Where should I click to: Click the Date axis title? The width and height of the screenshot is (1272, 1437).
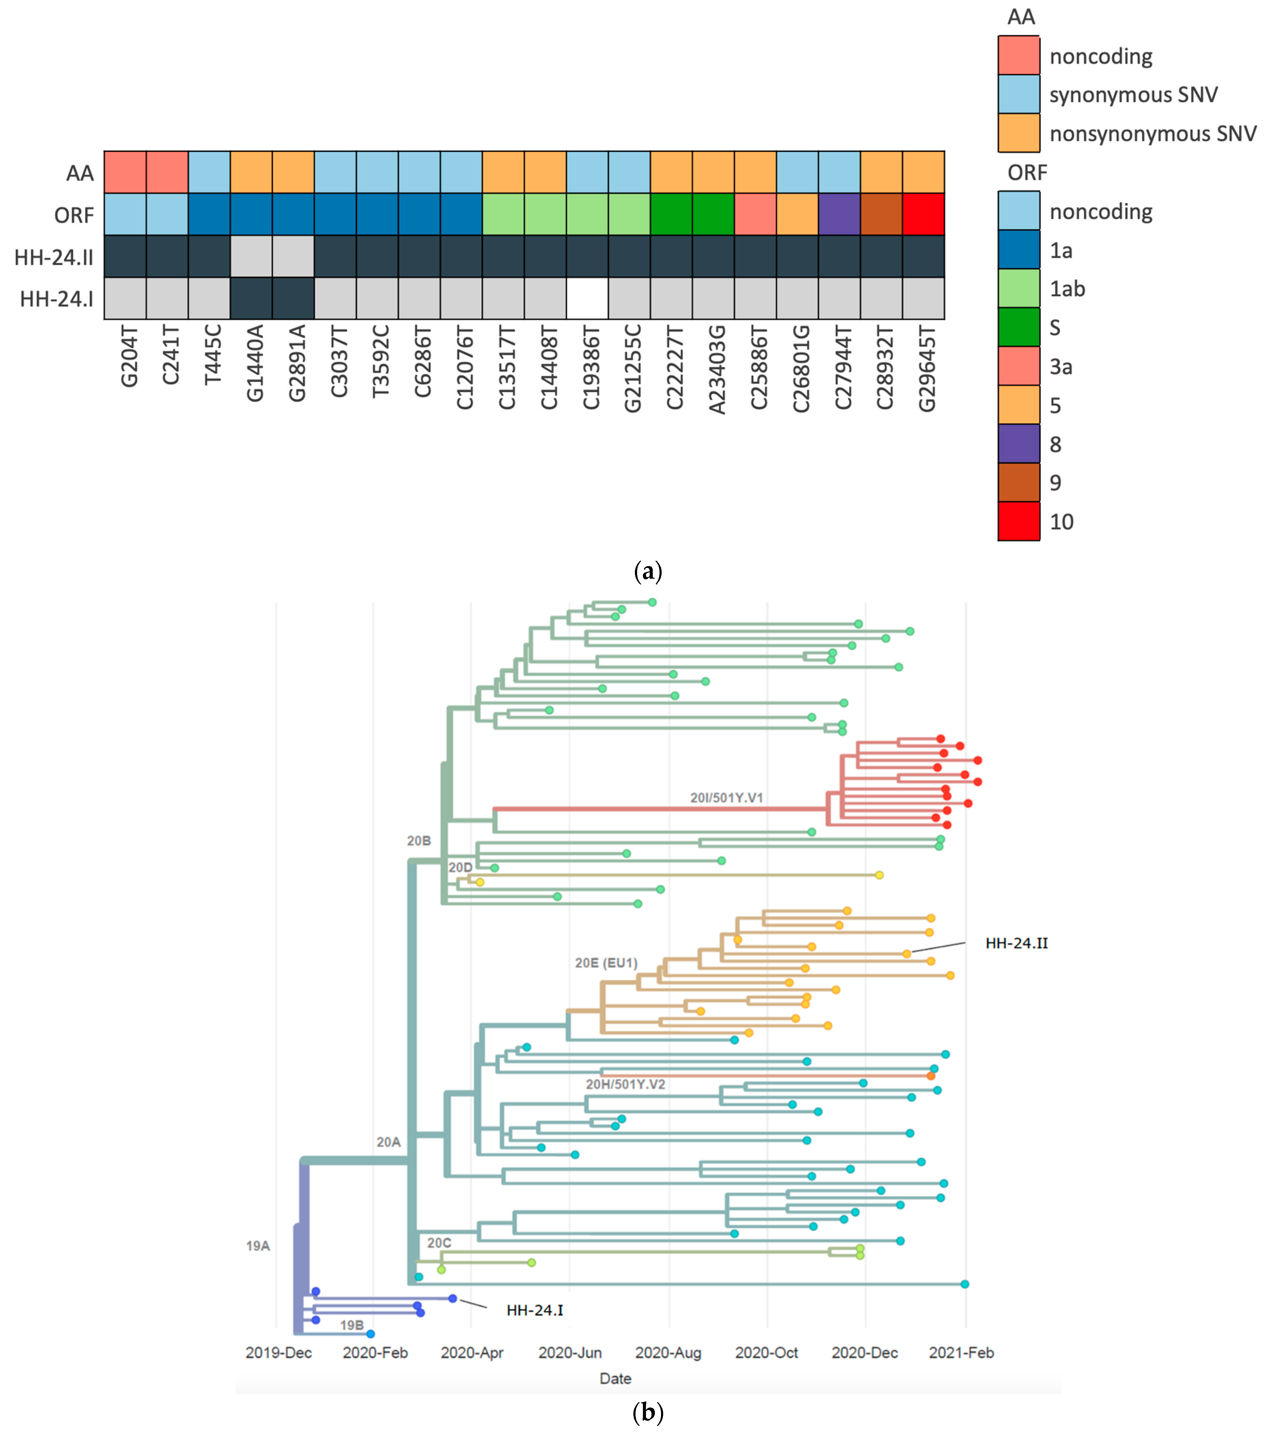pos(615,1379)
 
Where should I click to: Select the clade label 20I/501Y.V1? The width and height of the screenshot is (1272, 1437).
pos(726,798)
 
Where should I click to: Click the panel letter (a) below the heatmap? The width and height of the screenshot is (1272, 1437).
pos(648,572)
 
